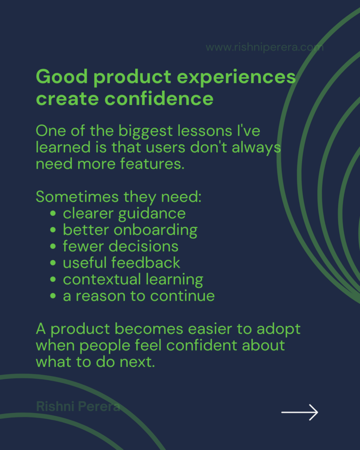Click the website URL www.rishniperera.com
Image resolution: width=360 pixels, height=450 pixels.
click(x=265, y=47)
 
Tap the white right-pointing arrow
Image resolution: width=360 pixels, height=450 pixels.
click(x=300, y=412)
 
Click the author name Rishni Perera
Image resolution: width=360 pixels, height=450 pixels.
click(x=78, y=406)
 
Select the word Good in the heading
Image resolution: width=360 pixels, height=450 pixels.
click(x=62, y=77)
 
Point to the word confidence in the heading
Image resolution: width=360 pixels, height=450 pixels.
click(x=159, y=99)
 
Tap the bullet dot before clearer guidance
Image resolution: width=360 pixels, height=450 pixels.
click(x=53, y=213)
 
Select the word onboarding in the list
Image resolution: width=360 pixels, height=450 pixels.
click(x=156, y=230)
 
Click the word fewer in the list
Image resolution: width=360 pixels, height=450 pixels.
click(x=83, y=246)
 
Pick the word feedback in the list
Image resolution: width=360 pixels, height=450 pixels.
click(x=145, y=263)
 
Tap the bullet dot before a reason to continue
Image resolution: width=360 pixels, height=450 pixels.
click(x=53, y=296)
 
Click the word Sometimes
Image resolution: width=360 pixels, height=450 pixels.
click(x=77, y=197)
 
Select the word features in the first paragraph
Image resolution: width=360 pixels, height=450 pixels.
click(x=152, y=164)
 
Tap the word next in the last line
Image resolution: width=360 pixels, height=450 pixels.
click(x=137, y=362)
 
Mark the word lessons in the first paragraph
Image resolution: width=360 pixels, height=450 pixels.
click(x=205, y=131)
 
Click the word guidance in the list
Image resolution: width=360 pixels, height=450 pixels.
click(x=152, y=214)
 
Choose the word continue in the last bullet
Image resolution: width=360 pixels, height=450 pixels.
click(x=182, y=296)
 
